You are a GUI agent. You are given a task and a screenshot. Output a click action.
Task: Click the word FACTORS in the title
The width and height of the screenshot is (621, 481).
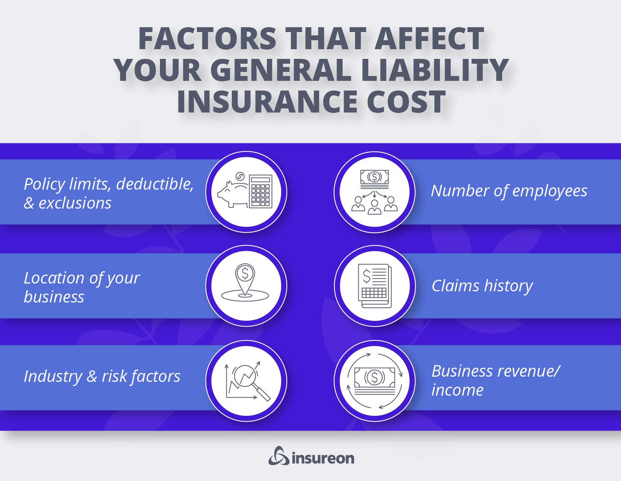click(x=207, y=38)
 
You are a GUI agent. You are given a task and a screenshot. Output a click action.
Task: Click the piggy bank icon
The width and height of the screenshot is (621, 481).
click(x=232, y=193)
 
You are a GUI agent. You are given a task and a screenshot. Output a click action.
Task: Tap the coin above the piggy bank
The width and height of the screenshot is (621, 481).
click(x=240, y=176)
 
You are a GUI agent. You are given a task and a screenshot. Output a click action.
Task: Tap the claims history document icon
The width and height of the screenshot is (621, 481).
click(x=375, y=286)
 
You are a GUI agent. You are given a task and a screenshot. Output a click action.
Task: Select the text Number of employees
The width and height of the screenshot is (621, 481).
click(x=509, y=191)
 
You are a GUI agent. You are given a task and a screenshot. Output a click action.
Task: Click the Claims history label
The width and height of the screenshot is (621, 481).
click(x=482, y=286)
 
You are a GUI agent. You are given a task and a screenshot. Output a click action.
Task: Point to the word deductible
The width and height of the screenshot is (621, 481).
click(x=154, y=184)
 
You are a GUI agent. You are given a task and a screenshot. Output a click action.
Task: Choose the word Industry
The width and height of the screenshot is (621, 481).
click(x=53, y=376)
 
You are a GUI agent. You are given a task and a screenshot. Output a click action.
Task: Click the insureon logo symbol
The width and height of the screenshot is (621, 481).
click(x=278, y=456)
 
